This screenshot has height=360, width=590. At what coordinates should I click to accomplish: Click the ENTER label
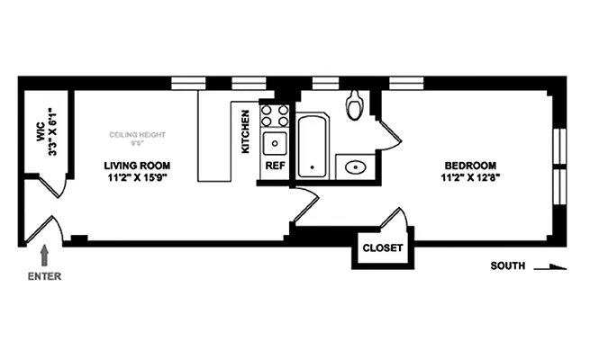[x=44, y=276]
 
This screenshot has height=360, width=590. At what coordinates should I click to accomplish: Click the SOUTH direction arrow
[x=551, y=266]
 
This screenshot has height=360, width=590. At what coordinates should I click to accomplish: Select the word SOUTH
[x=508, y=266]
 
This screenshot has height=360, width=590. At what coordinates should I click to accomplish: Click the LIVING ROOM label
[x=137, y=166]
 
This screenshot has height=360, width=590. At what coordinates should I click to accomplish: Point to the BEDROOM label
[x=470, y=166]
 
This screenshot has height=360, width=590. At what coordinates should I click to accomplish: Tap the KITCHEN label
[x=245, y=131]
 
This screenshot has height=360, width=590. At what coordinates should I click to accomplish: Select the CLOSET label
[x=382, y=249]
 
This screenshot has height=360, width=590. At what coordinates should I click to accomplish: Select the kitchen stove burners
[x=275, y=115]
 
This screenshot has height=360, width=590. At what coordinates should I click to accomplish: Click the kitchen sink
[x=274, y=143]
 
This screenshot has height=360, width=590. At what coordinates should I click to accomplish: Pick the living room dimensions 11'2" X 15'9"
[x=137, y=178]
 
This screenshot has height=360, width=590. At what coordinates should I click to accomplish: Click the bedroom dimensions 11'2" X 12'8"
[x=470, y=178]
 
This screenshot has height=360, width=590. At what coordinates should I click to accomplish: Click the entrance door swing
[x=50, y=229]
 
